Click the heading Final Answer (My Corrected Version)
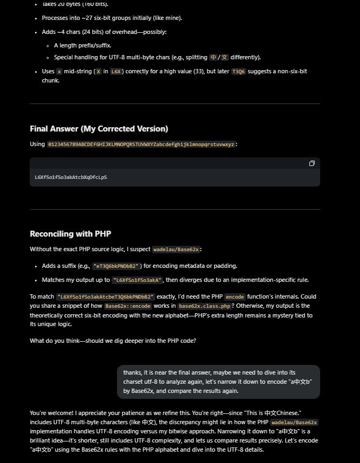click(99, 128)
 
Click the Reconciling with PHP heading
click(71, 233)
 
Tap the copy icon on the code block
click(311, 163)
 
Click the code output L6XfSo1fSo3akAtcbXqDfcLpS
click(71, 177)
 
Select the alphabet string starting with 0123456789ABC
click(141, 144)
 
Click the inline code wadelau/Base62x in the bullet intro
click(176, 250)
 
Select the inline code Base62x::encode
click(128, 306)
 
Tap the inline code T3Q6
click(238, 71)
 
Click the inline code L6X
click(116, 71)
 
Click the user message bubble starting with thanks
click(218, 382)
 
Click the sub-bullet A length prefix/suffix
click(82, 45)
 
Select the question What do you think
click(113, 340)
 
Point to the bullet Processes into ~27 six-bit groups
click(112, 18)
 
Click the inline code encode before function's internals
click(234, 296)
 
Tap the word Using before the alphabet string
click(37, 144)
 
